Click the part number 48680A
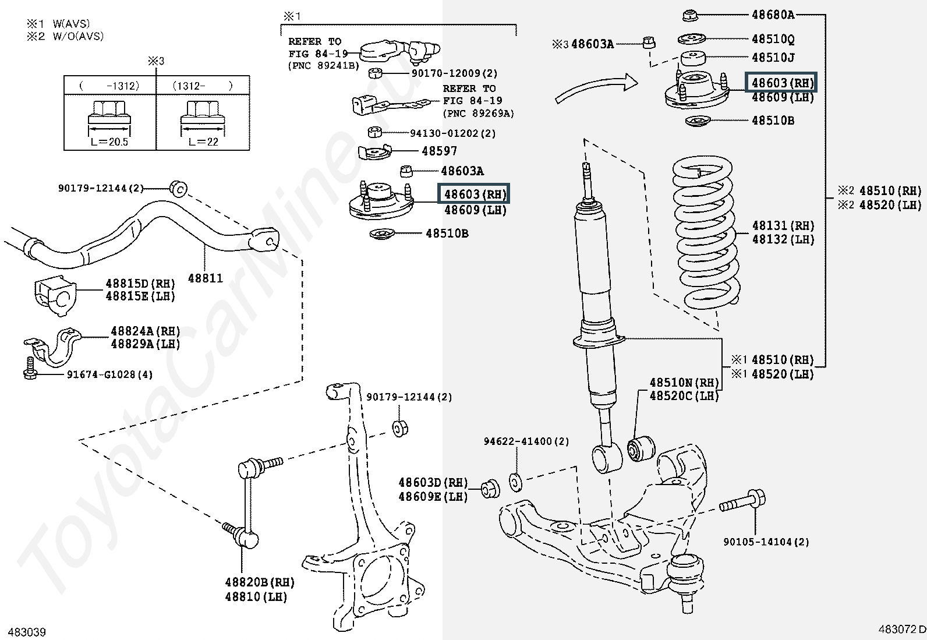coord(773,15)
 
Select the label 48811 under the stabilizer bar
coord(206,278)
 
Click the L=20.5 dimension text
coord(109,142)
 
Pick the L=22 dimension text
coord(203,142)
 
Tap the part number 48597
coord(439,151)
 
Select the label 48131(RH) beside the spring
coord(783,225)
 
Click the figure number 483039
coord(27,632)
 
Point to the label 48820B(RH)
coord(260,582)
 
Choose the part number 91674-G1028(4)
coord(109,374)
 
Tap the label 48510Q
coord(773,39)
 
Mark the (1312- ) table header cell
coord(203,86)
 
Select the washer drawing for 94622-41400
coord(516,483)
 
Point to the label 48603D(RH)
coord(433,483)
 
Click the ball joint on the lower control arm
coord(686,580)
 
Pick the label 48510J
coord(773,58)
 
